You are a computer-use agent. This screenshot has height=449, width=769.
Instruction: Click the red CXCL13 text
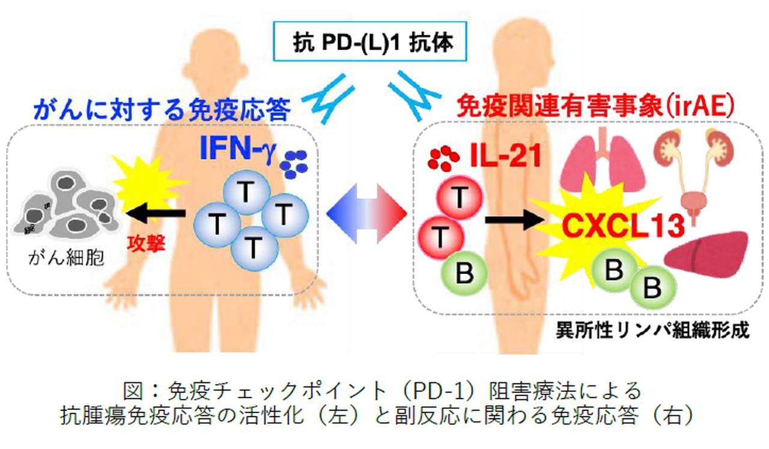click(x=624, y=227)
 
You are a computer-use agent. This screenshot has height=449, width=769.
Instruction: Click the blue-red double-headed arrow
click(x=368, y=213)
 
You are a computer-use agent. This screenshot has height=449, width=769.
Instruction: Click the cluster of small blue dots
click(x=294, y=164)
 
